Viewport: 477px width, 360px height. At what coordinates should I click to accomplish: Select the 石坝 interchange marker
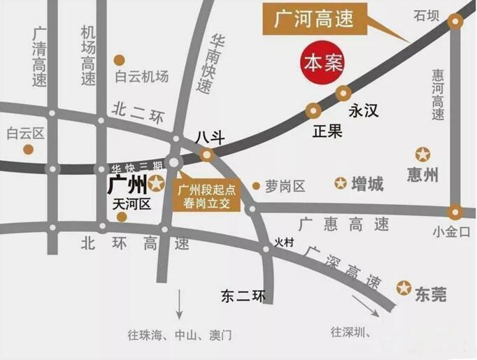click(456, 22)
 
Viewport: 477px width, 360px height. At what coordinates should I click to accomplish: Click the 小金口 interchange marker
click(456, 211)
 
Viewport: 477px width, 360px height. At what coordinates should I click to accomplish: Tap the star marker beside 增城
click(341, 184)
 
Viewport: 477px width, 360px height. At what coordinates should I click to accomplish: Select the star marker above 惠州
click(423, 154)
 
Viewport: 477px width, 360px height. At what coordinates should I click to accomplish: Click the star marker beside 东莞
click(404, 287)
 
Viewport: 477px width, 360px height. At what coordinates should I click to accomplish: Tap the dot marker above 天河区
click(122, 217)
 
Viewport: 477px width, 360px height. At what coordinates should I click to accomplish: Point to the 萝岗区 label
click(285, 186)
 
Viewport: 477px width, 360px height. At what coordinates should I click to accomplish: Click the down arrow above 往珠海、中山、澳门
click(180, 306)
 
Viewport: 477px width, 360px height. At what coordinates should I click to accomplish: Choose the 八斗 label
click(209, 138)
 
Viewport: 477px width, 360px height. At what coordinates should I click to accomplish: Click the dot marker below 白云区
click(28, 149)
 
